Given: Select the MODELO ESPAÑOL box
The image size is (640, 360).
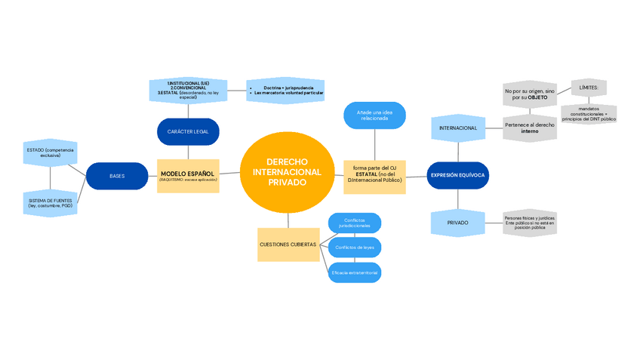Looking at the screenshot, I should [188, 176].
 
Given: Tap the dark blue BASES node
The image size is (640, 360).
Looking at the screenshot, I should [117, 176].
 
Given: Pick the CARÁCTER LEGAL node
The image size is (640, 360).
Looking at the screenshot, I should [188, 132].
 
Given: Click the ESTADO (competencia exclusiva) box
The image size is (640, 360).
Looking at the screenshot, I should [50, 153].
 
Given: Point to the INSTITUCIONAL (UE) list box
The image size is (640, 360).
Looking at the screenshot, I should [188, 90].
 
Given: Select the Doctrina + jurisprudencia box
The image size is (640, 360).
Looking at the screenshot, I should [285, 91].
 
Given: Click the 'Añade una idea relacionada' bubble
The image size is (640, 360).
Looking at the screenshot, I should [376, 115].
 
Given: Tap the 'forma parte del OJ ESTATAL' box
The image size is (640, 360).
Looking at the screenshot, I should [375, 176].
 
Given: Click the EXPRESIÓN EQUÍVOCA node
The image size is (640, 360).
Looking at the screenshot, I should [457, 176].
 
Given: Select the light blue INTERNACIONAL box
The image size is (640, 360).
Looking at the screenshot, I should [457, 128].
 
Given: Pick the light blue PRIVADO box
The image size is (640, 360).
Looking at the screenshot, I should [457, 223].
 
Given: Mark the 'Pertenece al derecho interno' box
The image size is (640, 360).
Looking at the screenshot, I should [530, 128].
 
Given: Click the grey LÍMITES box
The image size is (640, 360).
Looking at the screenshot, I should [589, 88].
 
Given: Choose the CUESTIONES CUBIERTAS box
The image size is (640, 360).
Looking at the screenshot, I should [288, 245].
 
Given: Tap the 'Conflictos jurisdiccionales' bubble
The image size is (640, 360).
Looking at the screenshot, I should [354, 223].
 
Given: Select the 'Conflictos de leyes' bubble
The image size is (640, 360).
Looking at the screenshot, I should [354, 248].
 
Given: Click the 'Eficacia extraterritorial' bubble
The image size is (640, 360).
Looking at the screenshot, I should [354, 272].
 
